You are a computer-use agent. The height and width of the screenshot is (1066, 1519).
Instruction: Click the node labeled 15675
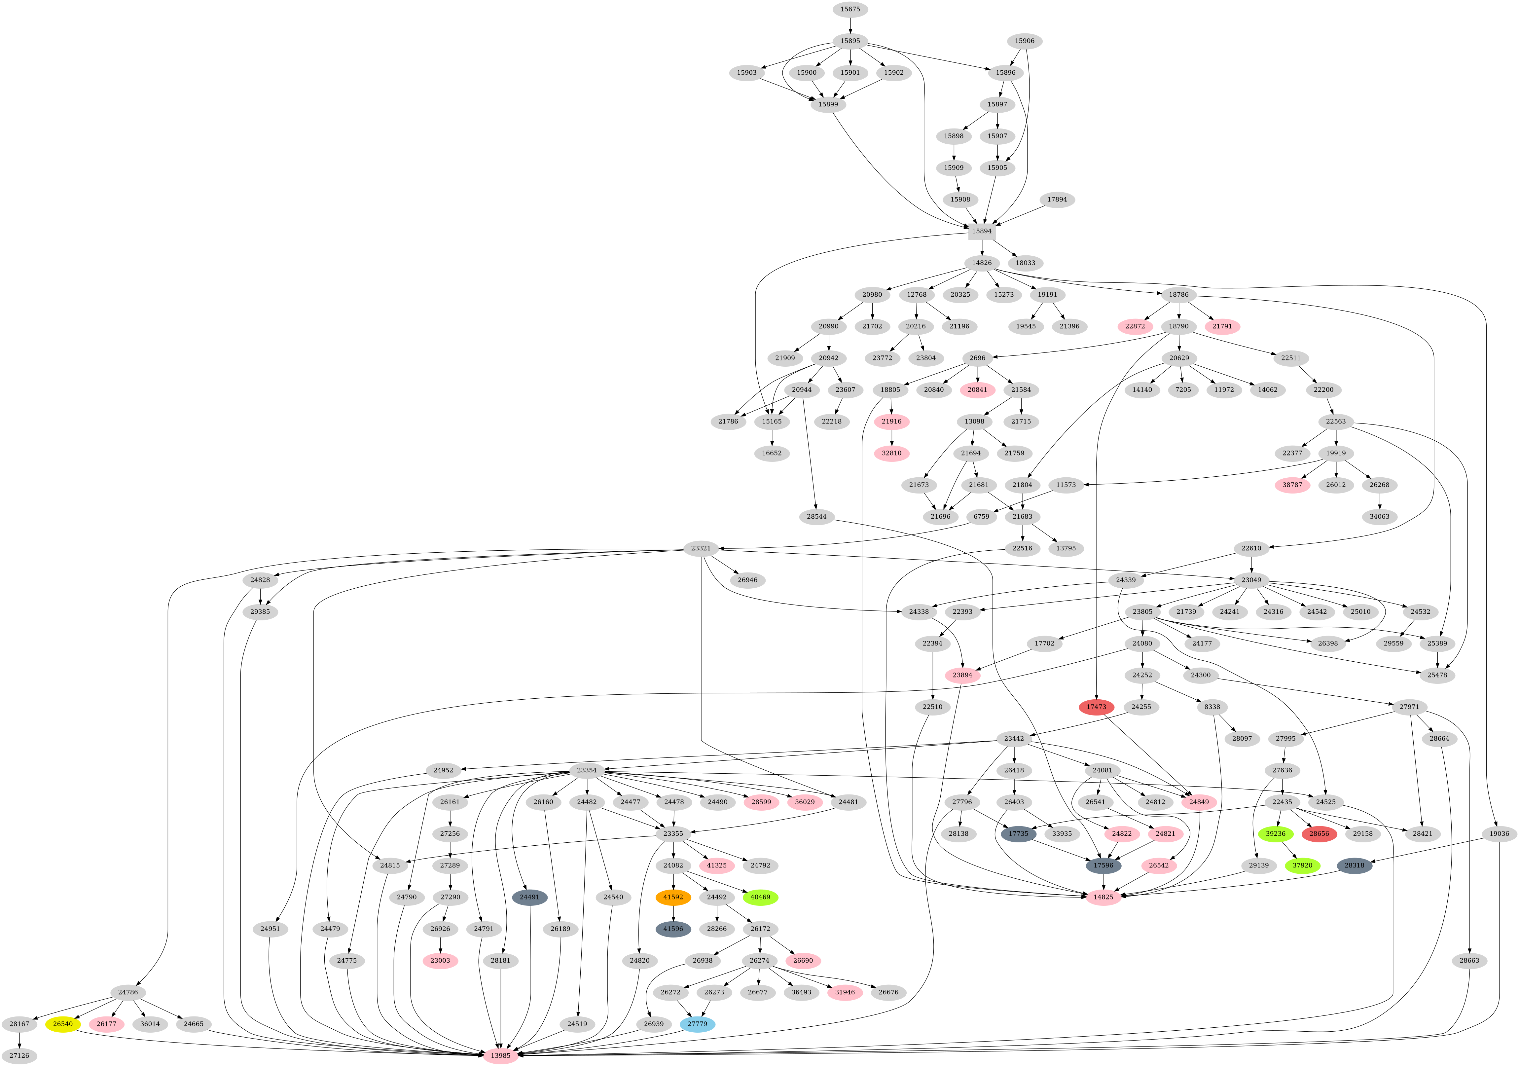pyautogui.click(x=850, y=9)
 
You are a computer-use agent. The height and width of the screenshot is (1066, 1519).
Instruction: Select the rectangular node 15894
pyautogui.click(x=982, y=231)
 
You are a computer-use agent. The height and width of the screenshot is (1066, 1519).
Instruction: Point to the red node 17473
pyautogui.click(x=1096, y=707)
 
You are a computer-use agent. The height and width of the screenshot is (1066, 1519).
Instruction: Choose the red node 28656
pyautogui.click(x=1319, y=834)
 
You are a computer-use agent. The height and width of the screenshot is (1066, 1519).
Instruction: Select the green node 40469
pyautogui.click(x=760, y=897)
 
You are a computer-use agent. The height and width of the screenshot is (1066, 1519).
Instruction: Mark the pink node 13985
pyautogui.click(x=501, y=1055)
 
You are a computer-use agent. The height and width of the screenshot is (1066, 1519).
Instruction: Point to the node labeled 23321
pyautogui.click(x=701, y=549)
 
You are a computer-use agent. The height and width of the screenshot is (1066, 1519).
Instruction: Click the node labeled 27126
pyautogui.click(x=19, y=1055)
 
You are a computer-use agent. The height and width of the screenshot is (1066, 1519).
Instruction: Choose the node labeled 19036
pyautogui.click(x=1499, y=834)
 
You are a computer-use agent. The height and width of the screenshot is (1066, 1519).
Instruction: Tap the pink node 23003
pyautogui.click(x=440, y=961)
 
